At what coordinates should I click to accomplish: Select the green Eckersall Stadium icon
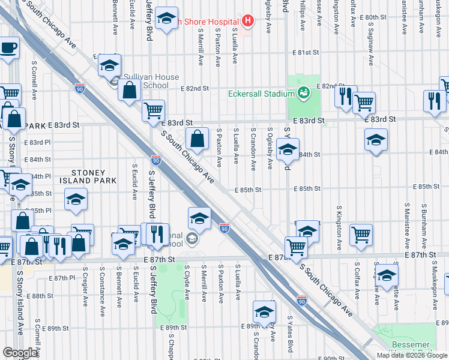(304, 93)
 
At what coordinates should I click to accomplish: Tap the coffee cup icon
(8, 48)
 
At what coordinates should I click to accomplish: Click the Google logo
(20, 353)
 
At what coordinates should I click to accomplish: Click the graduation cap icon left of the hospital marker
(166, 19)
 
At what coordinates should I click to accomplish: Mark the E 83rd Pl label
(38, 142)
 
